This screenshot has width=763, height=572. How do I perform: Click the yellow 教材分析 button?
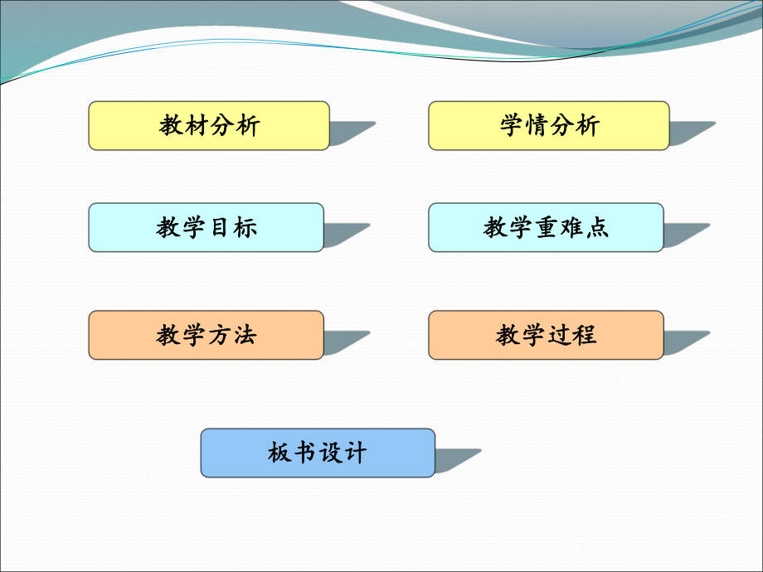pos(209,125)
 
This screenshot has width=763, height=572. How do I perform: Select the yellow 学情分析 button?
pos(549,125)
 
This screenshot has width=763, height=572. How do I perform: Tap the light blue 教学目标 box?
pos(206,227)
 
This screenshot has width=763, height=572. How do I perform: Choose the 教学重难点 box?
pos(546,227)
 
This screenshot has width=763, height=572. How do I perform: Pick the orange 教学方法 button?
pos(206,335)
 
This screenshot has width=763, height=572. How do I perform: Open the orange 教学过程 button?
pos(546,335)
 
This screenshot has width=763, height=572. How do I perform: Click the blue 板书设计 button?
pos(318,453)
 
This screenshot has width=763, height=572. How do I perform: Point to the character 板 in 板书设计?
pos(279,453)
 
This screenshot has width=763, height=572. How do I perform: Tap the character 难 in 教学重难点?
pos(572,227)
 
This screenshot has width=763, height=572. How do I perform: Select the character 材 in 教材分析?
pos(197,125)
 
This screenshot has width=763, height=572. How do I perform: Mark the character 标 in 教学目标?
pos(245,227)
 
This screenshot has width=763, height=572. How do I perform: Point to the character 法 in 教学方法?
pos(245,335)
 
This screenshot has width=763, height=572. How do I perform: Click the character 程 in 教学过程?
pos(585,335)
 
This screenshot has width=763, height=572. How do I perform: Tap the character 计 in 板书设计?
pos(355,453)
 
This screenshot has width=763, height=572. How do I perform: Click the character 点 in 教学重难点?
pos(598,227)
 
